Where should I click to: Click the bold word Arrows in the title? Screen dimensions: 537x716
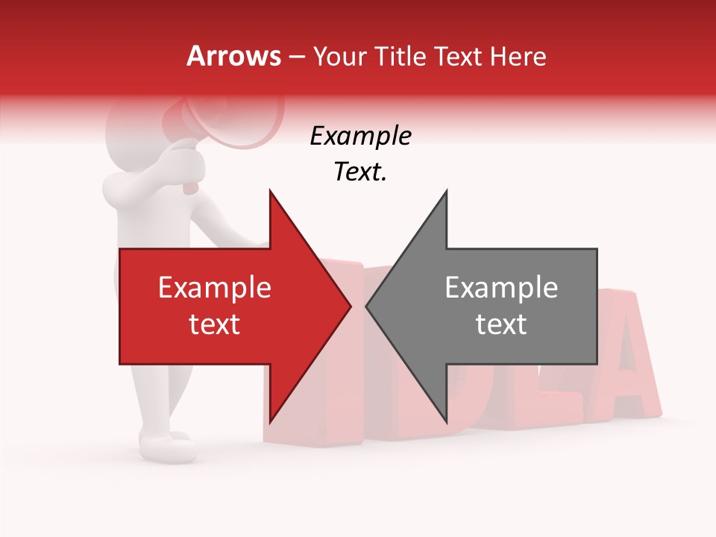(234, 57)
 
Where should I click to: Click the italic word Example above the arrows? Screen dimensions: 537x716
(360, 136)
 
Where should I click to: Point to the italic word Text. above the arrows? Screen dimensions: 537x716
(360, 172)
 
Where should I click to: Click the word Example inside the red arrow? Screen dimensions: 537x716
(215, 288)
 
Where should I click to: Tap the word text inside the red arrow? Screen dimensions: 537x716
(215, 324)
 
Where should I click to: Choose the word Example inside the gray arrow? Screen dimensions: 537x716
(501, 288)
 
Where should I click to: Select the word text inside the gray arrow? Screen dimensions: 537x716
(501, 324)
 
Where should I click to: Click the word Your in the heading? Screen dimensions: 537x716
(338, 57)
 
